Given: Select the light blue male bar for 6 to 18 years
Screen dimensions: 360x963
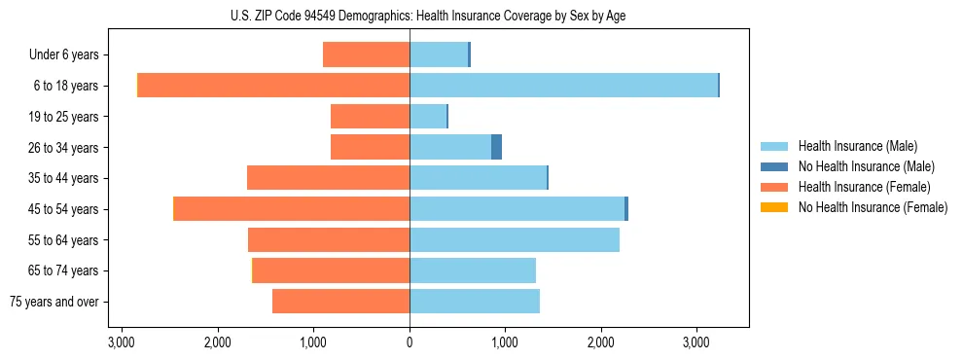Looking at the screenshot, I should pos(563,86).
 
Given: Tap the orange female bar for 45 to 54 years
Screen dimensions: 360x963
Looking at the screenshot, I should pos(292,209).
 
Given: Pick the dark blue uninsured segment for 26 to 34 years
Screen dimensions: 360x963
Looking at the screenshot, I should pos(496,147).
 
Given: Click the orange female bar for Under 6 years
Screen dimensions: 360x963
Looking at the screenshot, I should pos(366,54).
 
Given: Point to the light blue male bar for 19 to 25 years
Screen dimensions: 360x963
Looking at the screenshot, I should pos(428,117).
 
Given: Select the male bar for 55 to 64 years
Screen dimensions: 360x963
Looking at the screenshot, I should pos(515,239).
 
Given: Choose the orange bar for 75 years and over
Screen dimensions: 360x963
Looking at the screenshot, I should pos(340,302).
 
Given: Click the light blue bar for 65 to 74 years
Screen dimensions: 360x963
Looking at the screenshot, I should pos(473,270).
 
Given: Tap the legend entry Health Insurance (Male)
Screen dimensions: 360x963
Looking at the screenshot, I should pos(857,146).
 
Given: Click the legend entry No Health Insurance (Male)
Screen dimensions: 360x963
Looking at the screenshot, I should pos(866,166).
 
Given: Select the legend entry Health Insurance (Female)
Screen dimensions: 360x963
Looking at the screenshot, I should pos(864,187).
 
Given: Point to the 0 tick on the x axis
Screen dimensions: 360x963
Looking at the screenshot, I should pos(410,342).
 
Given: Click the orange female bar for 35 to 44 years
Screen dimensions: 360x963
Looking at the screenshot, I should pos(329,178).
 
